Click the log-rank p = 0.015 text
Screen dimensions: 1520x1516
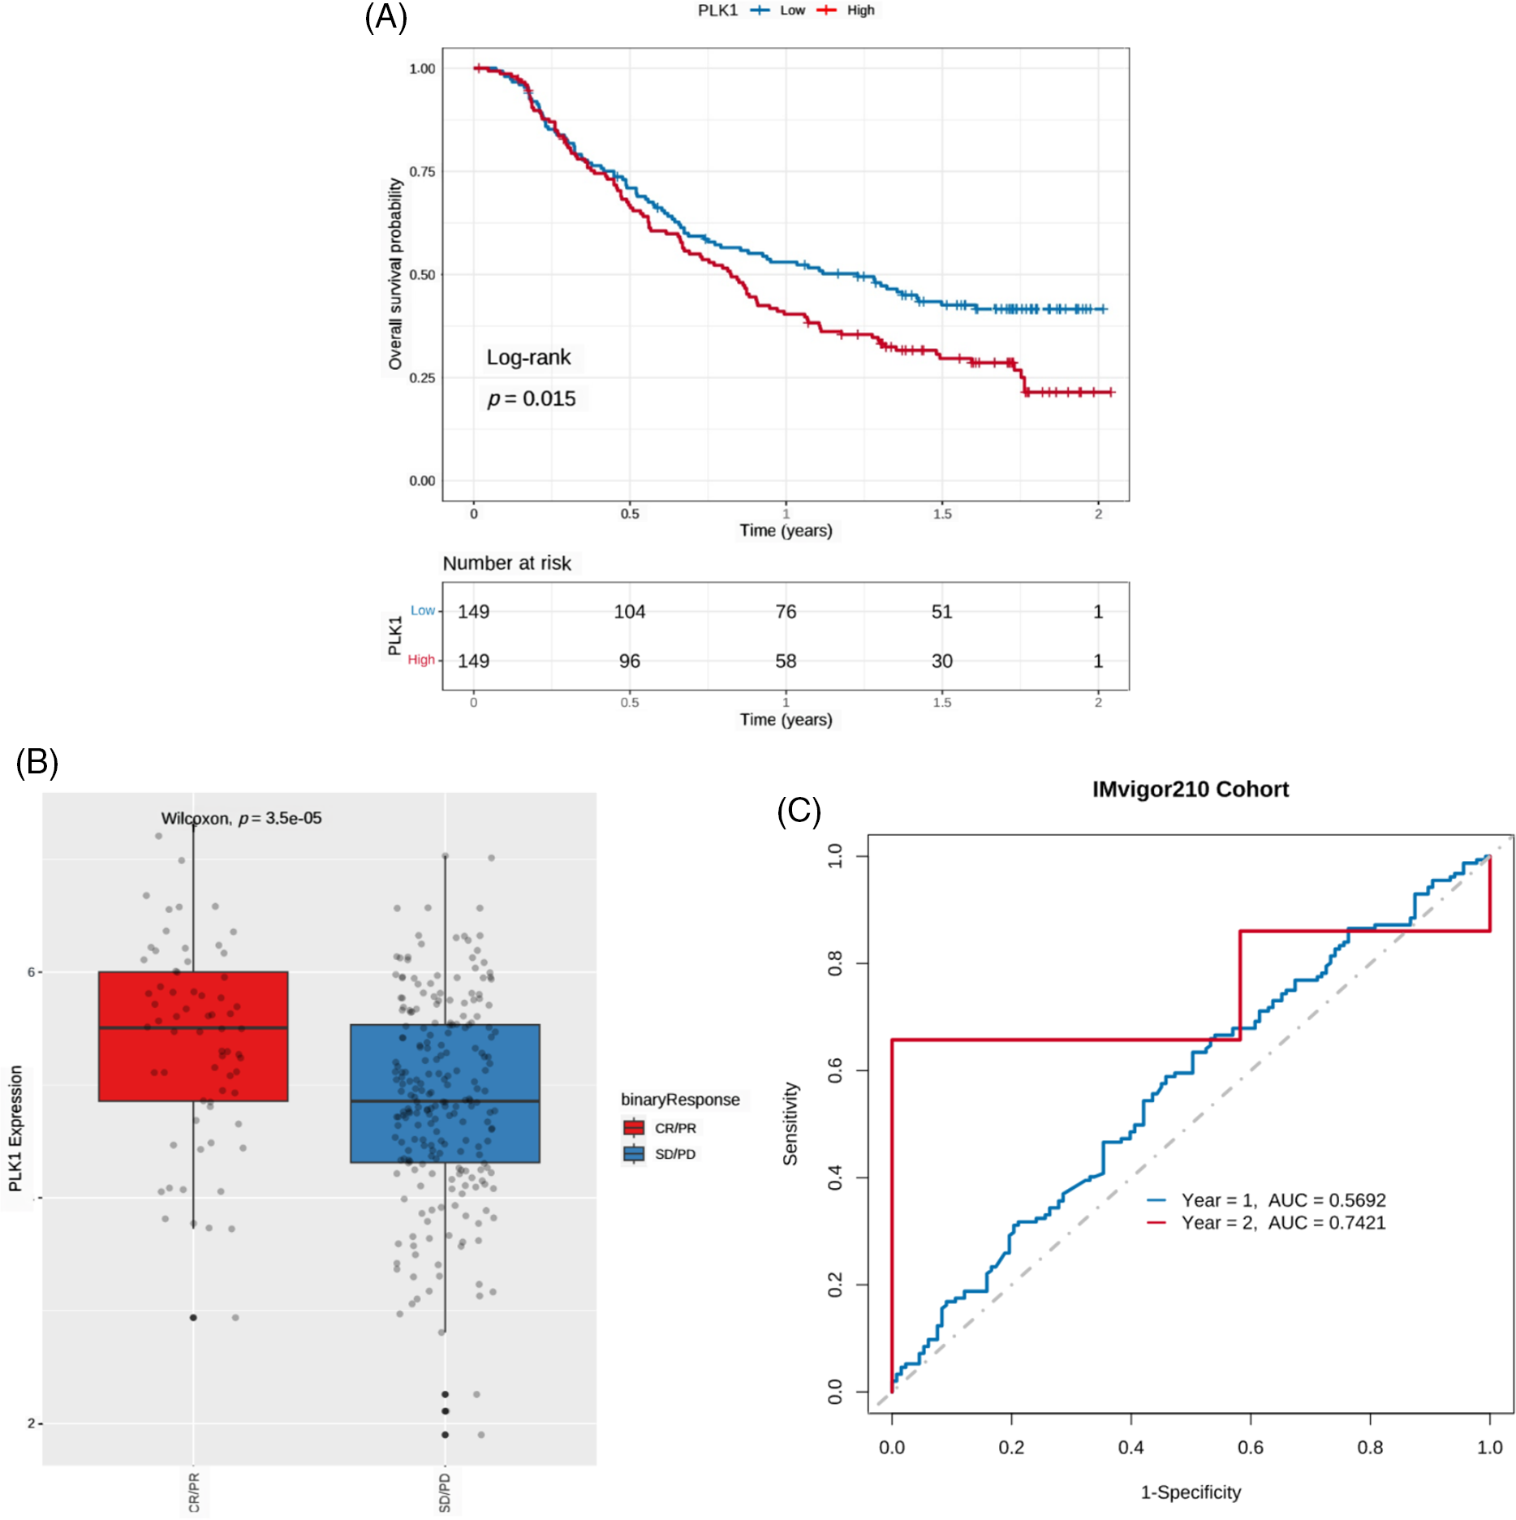pos(532,398)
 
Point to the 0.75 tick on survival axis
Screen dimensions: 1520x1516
pos(422,171)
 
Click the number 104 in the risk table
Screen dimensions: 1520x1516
pos(629,612)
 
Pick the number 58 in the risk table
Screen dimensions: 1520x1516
pos(786,661)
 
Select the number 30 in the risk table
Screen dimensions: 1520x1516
pos(941,661)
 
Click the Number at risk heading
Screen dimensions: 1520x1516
pos(506,563)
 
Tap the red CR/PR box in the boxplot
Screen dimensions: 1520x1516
pos(193,1036)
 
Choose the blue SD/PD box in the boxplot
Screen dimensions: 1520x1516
pos(445,1093)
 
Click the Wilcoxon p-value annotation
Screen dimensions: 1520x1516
pos(241,818)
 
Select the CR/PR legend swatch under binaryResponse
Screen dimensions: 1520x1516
pos(634,1128)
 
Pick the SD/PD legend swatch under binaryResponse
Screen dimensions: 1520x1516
pos(634,1154)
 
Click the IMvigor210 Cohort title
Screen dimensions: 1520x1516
pos(1190,790)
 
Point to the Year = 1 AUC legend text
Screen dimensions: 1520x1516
pos(1282,1200)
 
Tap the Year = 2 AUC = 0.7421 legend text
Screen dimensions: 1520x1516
pos(1282,1223)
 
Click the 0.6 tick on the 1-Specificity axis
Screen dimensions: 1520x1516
pos(1250,1447)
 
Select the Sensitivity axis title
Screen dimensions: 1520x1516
pos(790,1123)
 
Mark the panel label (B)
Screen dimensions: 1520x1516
pos(37,762)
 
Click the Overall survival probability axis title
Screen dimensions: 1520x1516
pos(395,274)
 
